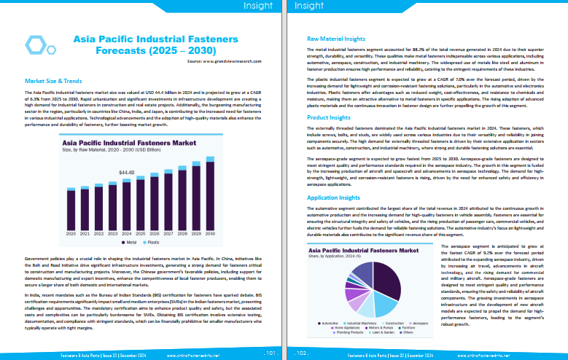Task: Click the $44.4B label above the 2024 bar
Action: click(127, 172)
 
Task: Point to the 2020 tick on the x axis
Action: click(71, 234)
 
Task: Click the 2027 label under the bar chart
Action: click(168, 234)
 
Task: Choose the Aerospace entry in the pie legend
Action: click(423, 321)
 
